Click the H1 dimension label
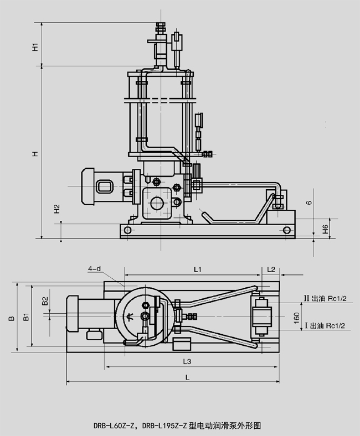(35, 46)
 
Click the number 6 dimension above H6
(326, 203)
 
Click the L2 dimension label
(271, 269)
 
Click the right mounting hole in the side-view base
(286, 230)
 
